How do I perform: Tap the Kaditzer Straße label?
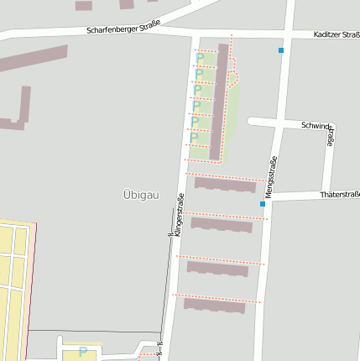pyautogui.click(x=336, y=35)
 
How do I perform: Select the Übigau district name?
pyautogui.click(x=140, y=194)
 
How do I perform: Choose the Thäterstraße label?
pyautogui.click(x=339, y=195)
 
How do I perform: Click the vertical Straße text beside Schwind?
pyautogui.click(x=331, y=137)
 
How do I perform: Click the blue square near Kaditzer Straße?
pyautogui.click(x=281, y=51)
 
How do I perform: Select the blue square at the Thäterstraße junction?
pyautogui.click(x=263, y=203)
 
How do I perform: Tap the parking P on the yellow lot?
pyautogui.click(x=82, y=352)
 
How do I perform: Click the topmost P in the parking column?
pyautogui.click(x=201, y=59)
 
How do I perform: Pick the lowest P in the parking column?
pyautogui.click(x=194, y=138)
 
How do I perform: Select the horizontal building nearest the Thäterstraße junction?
pyautogui.click(x=224, y=185)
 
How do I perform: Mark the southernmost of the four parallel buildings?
pyautogui.click(x=214, y=306)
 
